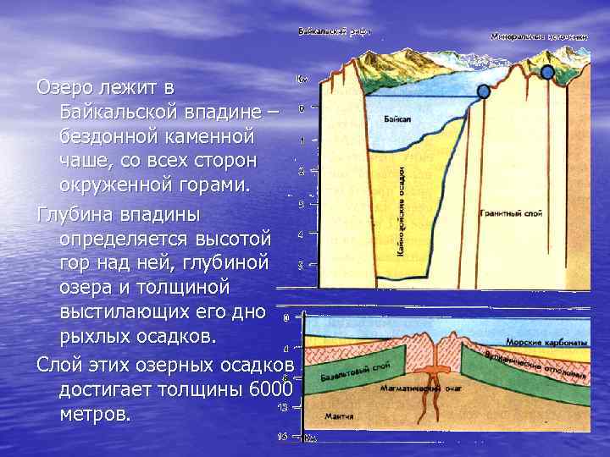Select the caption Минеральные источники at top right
tap(538, 36)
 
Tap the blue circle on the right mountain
tap(547, 73)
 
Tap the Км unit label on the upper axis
tap(302, 79)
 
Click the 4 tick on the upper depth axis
tap(301, 234)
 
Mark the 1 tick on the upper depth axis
tap(302, 140)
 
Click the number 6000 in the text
tap(272, 389)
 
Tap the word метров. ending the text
tap(95, 415)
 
